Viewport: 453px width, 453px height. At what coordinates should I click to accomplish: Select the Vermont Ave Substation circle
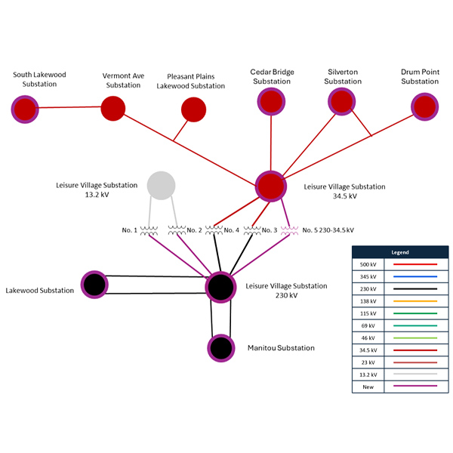pos(112,108)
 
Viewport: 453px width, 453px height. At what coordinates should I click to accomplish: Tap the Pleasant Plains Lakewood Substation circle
pos(194,110)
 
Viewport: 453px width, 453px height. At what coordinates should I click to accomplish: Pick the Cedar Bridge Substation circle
pos(270,101)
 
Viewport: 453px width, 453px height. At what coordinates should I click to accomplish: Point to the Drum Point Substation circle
pos(425,106)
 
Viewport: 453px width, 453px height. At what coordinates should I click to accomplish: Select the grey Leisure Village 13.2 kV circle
pos(161,184)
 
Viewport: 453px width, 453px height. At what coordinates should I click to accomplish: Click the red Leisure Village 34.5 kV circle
pos(270,186)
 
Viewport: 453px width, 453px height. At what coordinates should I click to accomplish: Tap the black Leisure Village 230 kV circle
pos(220,287)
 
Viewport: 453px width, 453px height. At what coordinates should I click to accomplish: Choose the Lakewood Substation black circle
pos(94,285)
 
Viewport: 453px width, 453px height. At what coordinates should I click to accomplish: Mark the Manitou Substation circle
pos(220,348)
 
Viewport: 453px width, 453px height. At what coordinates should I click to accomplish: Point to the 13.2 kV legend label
pos(368,374)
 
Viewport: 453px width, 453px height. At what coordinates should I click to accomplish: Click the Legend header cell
pos(400,251)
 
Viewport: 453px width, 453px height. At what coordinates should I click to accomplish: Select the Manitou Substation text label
pos(281,348)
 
